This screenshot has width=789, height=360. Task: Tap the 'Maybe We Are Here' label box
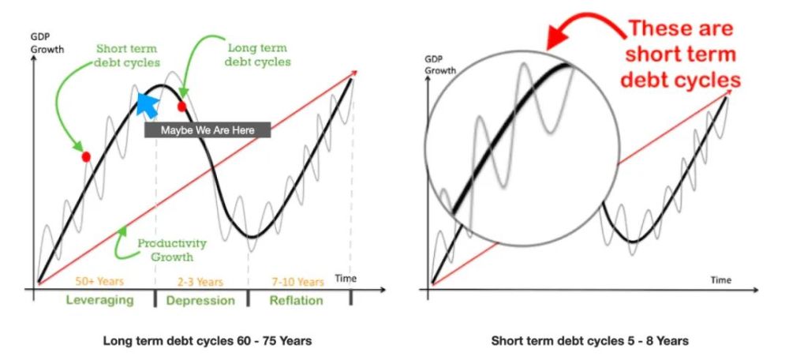coord(208,130)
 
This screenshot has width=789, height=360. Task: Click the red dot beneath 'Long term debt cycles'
coord(181,107)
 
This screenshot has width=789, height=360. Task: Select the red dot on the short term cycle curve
coord(86,156)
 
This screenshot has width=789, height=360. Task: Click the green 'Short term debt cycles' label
coord(127,56)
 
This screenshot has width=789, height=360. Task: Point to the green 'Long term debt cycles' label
coord(258,55)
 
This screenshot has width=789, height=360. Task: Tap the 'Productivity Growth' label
coord(172,249)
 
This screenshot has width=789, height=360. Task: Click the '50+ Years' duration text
coord(99,282)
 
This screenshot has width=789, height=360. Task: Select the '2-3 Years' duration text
coord(200,282)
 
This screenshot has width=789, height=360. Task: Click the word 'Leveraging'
coord(99,301)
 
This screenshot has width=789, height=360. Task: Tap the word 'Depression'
coord(200,301)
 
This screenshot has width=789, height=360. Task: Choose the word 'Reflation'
coord(297,301)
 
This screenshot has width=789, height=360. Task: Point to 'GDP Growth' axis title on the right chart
coord(439,65)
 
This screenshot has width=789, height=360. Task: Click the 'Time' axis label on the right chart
coord(720,280)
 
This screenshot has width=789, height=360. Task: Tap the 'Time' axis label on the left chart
coord(346,279)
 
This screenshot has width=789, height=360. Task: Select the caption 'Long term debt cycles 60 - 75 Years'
coord(208,341)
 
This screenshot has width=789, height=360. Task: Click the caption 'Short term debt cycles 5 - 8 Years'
coord(589,341)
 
